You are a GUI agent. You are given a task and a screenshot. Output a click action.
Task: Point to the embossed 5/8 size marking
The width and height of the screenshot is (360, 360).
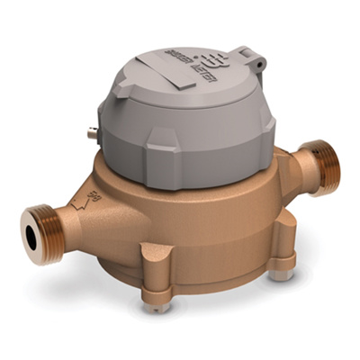pos(93,192)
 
